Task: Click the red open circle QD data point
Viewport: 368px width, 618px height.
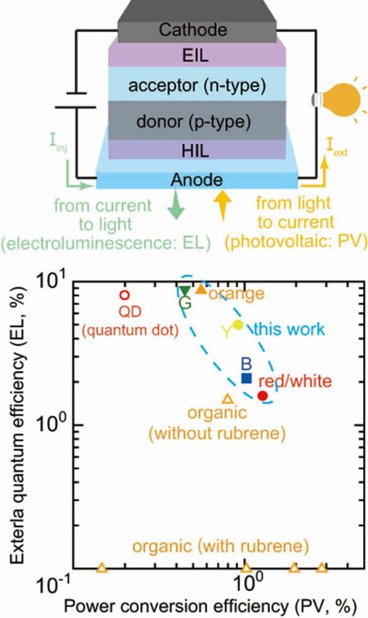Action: coord(124,295)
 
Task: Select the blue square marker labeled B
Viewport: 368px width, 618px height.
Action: coord(246,378)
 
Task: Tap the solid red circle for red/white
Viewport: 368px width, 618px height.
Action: coord(262,396)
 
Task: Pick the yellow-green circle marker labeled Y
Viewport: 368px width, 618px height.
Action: coord(237,325)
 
